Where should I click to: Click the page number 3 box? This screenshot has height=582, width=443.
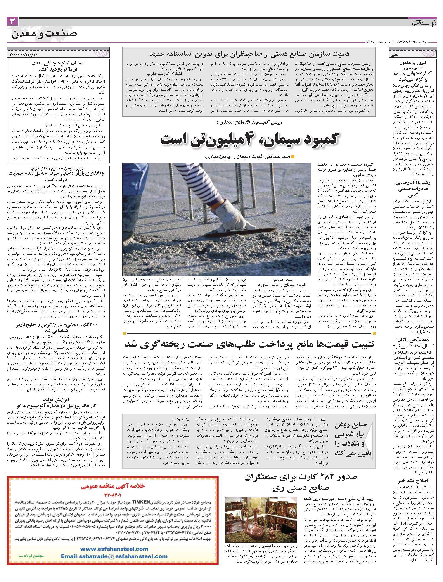12,22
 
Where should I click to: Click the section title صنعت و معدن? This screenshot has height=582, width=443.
44,33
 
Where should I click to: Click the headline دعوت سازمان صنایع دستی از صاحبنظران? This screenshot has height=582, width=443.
249,54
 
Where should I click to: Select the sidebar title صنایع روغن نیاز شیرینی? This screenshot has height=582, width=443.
353,439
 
